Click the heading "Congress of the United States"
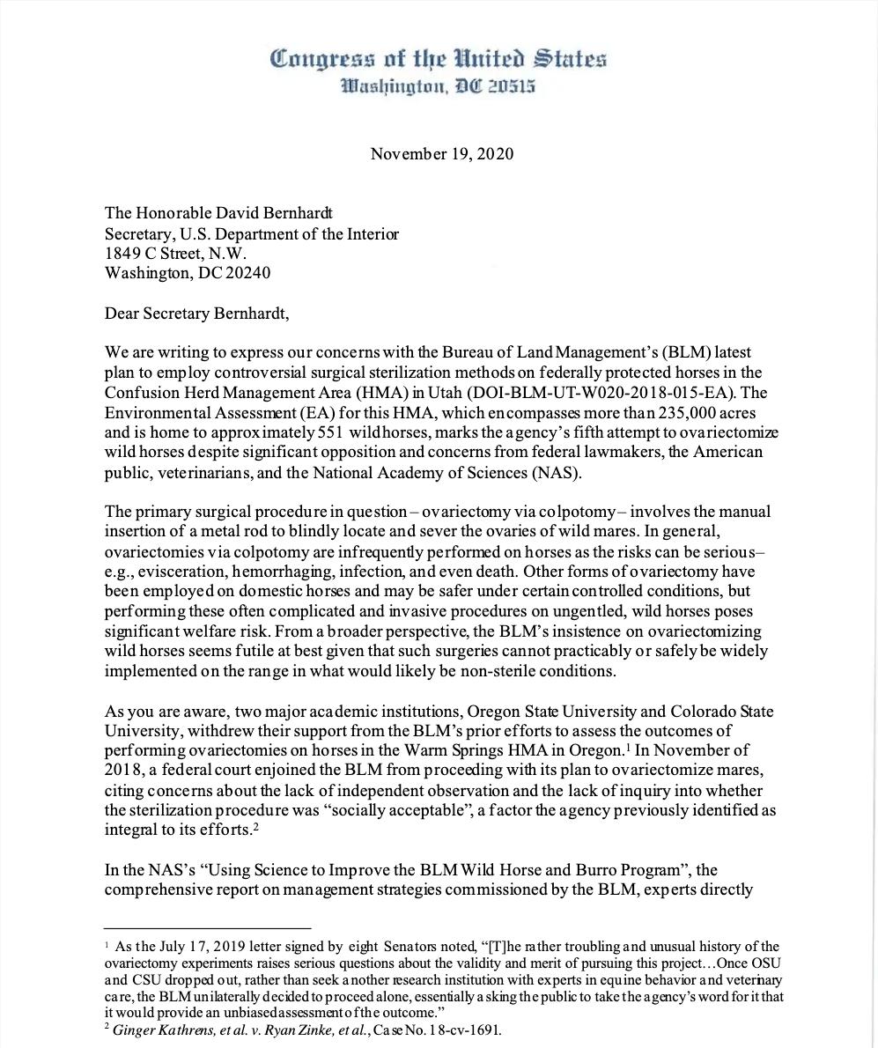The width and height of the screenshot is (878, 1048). [x=439, y=60]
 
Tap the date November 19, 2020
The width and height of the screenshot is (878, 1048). [x=441, y=153]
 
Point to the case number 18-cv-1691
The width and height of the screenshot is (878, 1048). [x=459, y=1030]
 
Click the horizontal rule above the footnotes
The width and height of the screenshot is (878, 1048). [x=208, y=927]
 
